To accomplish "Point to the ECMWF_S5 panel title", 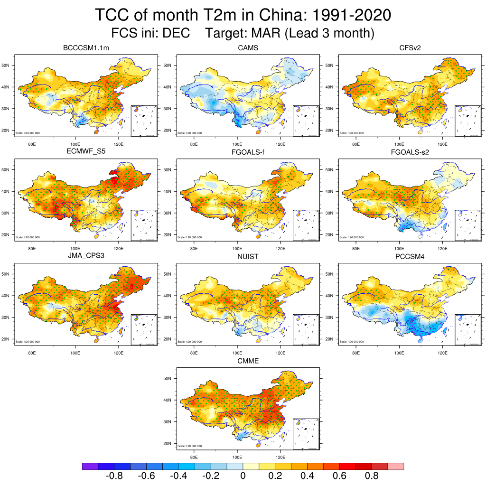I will pyautogui.click(x=86, y=152).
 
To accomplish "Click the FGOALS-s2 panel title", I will pyautogui.click(x=411, y=152).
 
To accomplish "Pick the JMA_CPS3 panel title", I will pyautogui.click(x=86, y=257).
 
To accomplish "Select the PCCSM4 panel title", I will pyautogui.click(x=411, y=257).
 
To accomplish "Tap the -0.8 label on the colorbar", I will pyautogui.click(x=112, y=476).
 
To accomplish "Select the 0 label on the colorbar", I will pyautogui.click(x=243, y=476).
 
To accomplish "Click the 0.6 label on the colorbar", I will pyautogui.click(x=339, y=476).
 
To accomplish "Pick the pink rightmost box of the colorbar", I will pyautogui.click(x=396, y=467).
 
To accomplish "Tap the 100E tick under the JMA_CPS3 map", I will pyautogui.click(x=75, y=353).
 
